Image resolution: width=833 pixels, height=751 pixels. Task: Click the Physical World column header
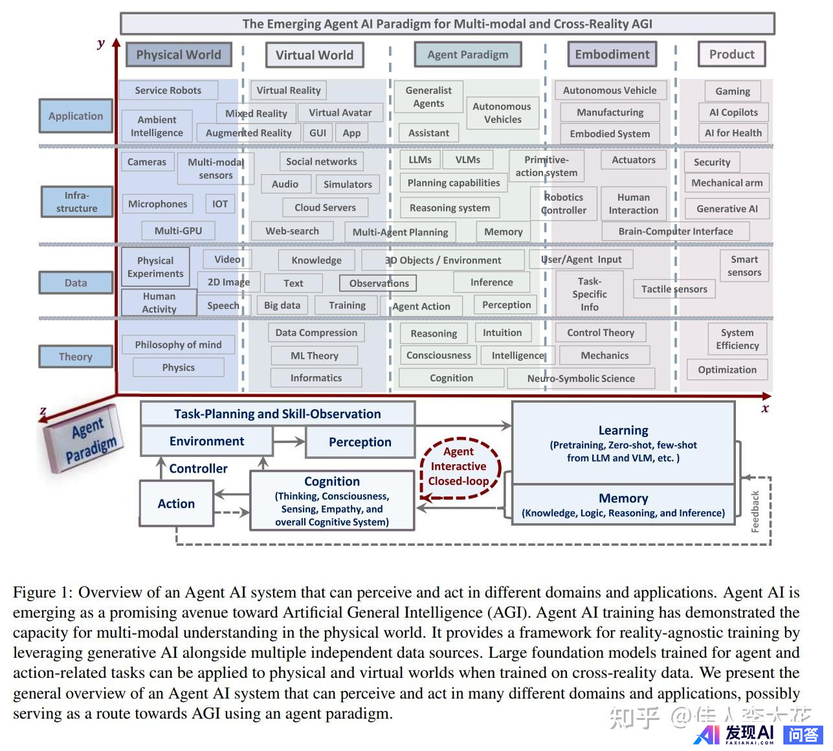[178, 55]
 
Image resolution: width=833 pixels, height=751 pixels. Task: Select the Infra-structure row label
[76, 201]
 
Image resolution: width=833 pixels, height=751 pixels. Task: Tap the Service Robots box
[168, 91]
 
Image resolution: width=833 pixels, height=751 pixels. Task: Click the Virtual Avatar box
[340, 113]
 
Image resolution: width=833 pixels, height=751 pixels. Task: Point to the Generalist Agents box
[428, 96]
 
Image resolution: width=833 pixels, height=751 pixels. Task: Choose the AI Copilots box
[733, 112]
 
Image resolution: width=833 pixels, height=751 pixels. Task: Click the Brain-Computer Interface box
[675, 231]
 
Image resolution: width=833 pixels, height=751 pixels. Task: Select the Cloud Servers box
[325, 207]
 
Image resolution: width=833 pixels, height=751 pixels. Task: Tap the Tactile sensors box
[674, 289]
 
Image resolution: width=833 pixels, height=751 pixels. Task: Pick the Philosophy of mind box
[178, 344]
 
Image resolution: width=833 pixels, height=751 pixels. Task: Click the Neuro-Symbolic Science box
[581, 378]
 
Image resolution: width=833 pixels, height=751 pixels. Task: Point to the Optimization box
[727, 370]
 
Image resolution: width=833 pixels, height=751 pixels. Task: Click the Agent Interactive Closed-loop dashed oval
[458, 466]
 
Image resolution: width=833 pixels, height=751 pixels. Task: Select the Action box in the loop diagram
[176, 504]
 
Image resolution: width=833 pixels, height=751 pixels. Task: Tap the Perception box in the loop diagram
[360, 442]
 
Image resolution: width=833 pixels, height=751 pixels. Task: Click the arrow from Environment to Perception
[289, 442]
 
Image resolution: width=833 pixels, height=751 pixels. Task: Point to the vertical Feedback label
[755, 511]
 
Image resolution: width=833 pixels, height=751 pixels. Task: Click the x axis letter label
[765, 409]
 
